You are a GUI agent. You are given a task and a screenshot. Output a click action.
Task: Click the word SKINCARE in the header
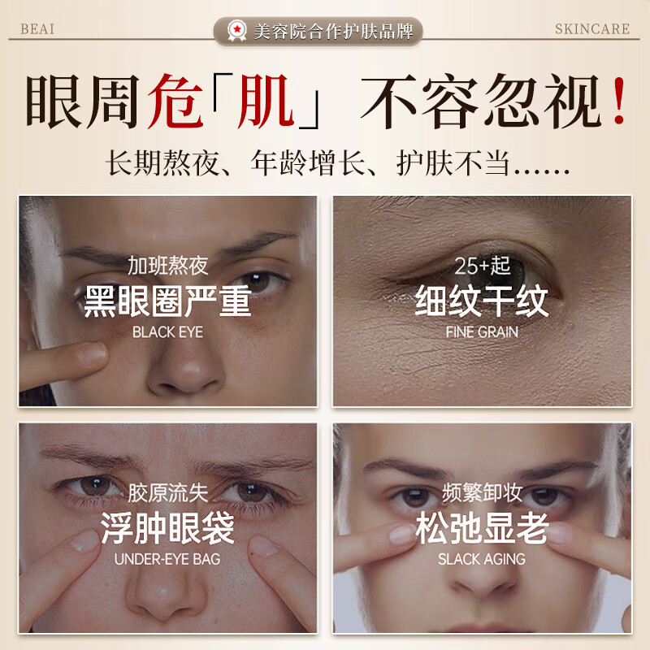click(592, 29)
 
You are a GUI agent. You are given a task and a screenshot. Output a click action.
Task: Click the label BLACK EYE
click(167, 331)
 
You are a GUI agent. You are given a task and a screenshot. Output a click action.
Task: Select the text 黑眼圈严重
click(167, 301)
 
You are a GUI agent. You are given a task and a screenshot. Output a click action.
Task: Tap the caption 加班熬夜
click(167, 266)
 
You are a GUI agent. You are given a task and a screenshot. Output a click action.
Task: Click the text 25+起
click(482, 266)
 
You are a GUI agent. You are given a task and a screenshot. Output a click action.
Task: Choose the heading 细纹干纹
click(482, 301)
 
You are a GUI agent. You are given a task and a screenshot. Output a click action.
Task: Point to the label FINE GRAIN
click(482, 331)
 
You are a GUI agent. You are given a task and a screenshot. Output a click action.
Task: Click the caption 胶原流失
click(167, 493)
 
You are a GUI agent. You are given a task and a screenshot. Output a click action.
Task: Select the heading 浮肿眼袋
click(167, 529)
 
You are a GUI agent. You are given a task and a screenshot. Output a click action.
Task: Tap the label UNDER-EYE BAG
click(167, 559)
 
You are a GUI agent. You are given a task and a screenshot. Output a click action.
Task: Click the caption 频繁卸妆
click(482, 493)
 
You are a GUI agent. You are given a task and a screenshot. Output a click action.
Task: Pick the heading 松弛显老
click(482, 529)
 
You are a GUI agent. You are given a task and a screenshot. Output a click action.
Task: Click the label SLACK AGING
click(482, 559)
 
